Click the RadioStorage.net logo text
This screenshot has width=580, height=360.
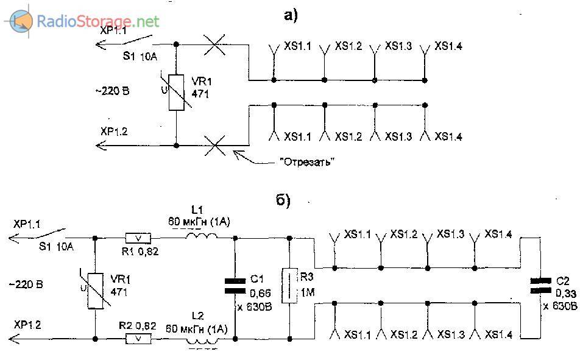pyautogui.click(x=97, y=22)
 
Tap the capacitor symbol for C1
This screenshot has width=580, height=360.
pyautogui.click(x=235, y=286)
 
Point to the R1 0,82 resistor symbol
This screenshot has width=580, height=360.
pyautogui.click(x=138, y=238)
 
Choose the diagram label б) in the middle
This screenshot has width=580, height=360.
pyautogui.click(x=283, y=202)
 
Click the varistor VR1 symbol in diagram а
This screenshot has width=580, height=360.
pyautogui.click(x=176, y=93)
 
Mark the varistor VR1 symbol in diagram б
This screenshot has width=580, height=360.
pyautogui.click(x=95, y=288)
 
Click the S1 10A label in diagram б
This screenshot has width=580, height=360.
pyautogui.click(x=56, y=247)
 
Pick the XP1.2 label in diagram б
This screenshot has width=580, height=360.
pyautogui.click(x=27, y=325)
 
